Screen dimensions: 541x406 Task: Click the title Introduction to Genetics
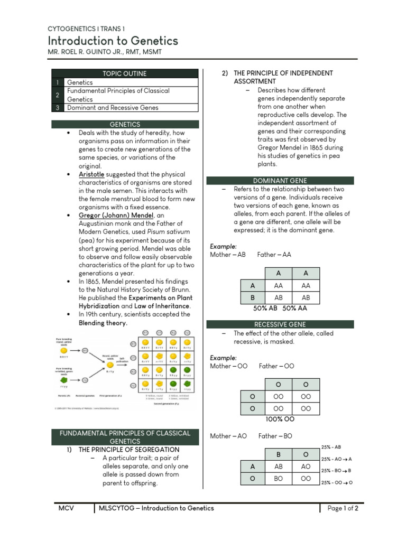point(113,41)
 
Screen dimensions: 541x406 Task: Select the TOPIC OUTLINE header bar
point(125,73)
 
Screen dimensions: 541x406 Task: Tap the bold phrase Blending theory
point(103,323)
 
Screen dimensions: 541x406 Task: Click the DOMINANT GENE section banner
point(280,181)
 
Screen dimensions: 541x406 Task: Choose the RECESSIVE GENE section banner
point(280,324)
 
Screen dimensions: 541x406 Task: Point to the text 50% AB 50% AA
point(279,307)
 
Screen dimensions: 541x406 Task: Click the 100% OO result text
point(280,419)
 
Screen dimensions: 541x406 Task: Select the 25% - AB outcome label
point(331,447)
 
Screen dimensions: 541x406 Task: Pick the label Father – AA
point(274,255)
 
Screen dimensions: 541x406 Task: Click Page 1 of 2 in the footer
point(343,508)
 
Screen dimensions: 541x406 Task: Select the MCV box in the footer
point(66,508)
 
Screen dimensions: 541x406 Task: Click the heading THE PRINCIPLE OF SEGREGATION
point(129,450)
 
